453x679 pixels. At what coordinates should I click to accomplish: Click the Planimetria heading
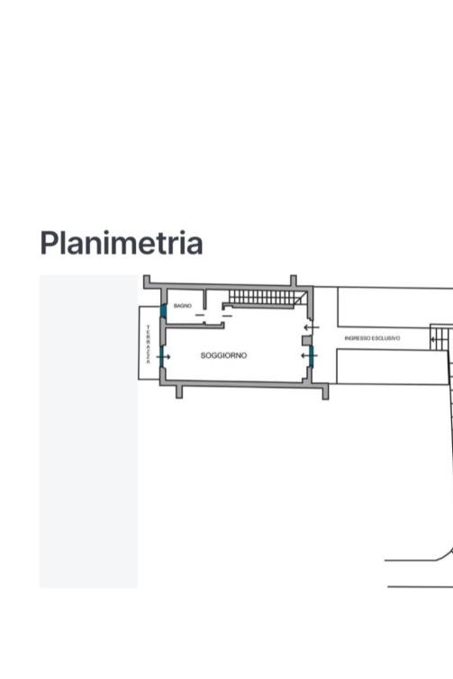(122, 244)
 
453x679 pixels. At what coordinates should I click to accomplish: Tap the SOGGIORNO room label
(223, 355)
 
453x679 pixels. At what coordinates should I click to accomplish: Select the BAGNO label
(183, 306)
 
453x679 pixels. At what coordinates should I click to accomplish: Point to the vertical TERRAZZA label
(149, 344)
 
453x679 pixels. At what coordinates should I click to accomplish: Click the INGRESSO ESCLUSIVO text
(372, 338)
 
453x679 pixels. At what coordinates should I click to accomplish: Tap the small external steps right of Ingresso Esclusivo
(441, 337)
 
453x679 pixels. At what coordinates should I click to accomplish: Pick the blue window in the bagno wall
(163, 310)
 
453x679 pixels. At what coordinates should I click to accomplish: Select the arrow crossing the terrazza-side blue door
(163, 357)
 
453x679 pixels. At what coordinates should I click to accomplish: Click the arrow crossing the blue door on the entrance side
(310, 356)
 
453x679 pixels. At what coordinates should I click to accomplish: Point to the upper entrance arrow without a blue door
(312, 327)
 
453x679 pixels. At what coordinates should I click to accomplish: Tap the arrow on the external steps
(434, 340)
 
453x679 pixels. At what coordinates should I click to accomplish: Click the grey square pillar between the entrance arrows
(306, 340)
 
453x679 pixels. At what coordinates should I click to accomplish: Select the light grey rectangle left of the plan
(88, 432)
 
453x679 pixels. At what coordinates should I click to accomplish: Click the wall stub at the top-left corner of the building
(147, 281)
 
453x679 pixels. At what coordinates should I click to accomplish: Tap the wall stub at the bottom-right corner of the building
(325, 392)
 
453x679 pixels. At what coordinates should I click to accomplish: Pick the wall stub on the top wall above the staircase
(294, 281)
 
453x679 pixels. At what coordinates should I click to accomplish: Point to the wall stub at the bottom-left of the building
(179, 391)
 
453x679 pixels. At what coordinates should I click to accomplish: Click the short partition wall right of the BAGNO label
(204, 299)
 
